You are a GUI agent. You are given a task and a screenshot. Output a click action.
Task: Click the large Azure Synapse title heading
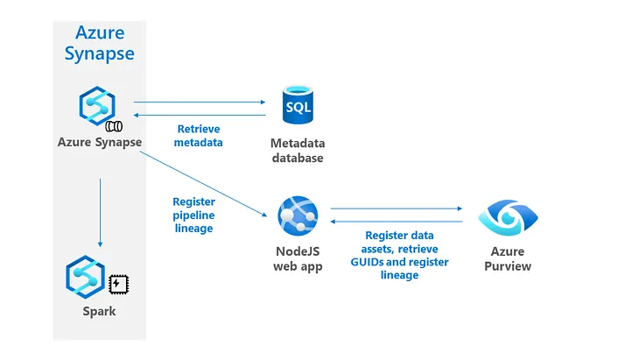[99, 44]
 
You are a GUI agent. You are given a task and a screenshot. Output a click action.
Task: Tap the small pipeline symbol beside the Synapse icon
[114, 125]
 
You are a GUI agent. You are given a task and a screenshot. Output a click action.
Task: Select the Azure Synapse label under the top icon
[100, 143]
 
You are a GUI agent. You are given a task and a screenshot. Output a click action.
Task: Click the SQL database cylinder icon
[297, 107]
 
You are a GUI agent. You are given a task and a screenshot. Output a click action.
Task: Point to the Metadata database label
[297, 151]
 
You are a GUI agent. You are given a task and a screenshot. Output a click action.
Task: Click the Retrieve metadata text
[199, 135]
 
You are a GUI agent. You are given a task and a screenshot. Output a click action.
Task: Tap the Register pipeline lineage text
[193, 214]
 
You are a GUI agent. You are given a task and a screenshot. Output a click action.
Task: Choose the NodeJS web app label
[297, 259]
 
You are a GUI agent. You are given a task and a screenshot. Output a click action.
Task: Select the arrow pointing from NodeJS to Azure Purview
[396, 208]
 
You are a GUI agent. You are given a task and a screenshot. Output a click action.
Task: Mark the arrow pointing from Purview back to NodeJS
[396, 221]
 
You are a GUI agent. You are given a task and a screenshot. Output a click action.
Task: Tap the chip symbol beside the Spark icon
[116, 284]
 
